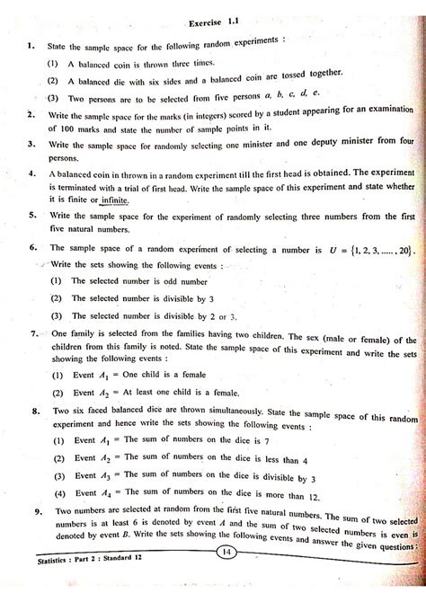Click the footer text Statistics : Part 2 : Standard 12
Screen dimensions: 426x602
(74, 585)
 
